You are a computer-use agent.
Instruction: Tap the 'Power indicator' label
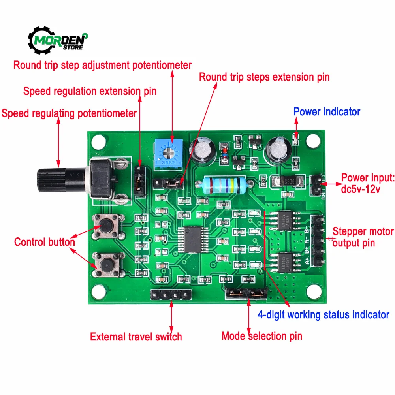(x=327, y=112)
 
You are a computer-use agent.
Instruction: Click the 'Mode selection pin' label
(x=261, y=336)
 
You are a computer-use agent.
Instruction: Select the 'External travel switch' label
(x=136, y=337)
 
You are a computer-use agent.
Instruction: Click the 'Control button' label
(x=45, y=242)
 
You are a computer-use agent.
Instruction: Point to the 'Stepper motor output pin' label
(x=363, y=237)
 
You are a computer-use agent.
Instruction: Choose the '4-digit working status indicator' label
(x=324, y=315)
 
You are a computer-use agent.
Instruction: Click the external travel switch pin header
(x=171, y=295)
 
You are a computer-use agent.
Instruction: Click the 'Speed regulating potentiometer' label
(x=70, y=113)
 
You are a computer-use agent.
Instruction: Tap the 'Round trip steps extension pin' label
(x=264, y=77)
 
